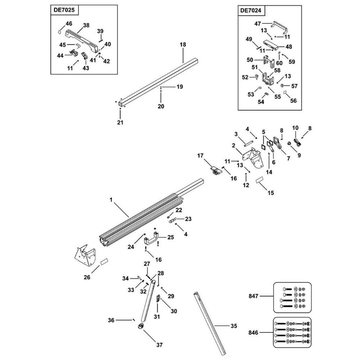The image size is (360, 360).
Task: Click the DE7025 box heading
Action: (x=64, y=10)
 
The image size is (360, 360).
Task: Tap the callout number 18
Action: (x=183, y=45)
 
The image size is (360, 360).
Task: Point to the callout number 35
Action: (x=234, y=327)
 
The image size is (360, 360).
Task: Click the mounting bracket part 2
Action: (x=256, y=158)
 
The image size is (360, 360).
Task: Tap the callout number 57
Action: (x=294, y=86)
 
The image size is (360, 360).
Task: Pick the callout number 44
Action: (x=60, y=55)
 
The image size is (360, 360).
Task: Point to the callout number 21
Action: (x=120, y=122)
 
